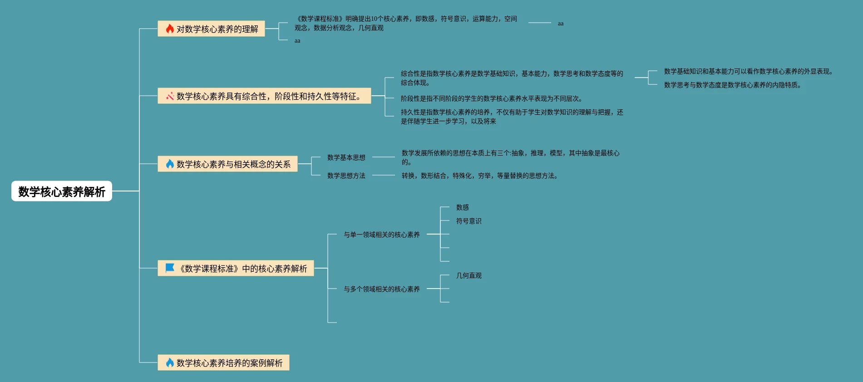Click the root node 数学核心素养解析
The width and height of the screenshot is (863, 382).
pyautogui.click(x=62, y=191)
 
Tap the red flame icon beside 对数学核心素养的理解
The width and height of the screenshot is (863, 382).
pyautogui.click(x=170, y=29)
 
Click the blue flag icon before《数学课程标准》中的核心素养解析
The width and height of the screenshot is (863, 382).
pyautogui.click(x=170, y=268)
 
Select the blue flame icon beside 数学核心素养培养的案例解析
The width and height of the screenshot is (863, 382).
pyautogui.click(x=170, y=362)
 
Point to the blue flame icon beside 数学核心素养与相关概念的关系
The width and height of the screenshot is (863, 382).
pyautogui.click(x=170, y=164)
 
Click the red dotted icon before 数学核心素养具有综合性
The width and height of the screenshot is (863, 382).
pyautogui.click(x=170, y=96)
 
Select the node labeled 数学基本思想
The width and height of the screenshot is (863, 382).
pyautogui.click(x=346, y=157)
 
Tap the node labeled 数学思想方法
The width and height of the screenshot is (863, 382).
pyautogui.click(x=346, y=176)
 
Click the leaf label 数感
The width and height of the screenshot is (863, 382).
pyautogui.click(x=462, y=207)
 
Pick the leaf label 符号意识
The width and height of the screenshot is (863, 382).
pyautogui.click(x=468, y=221)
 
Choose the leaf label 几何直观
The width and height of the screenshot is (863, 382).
pyautogui.click(x=468, y=275)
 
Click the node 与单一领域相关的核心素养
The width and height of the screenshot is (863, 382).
pyautogui.click(x=381, y=235)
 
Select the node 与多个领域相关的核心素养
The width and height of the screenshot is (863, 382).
pyautogui.click(x=381, y=289)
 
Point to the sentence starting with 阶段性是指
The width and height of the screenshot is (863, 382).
pyautogui.click(x=491, y=98)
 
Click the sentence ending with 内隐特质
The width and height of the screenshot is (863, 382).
pyautogui.click(x=732, y=85)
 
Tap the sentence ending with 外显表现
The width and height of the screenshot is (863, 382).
pyautogui.click(x=748, y=71)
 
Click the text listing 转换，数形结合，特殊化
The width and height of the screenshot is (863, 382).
pyautogui.click(x=479, y=176)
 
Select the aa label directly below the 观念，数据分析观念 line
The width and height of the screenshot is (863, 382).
pyautogui.click(x=297, y=41)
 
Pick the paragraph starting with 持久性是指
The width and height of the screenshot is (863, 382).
pyautogui.click(x=512, y=117)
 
